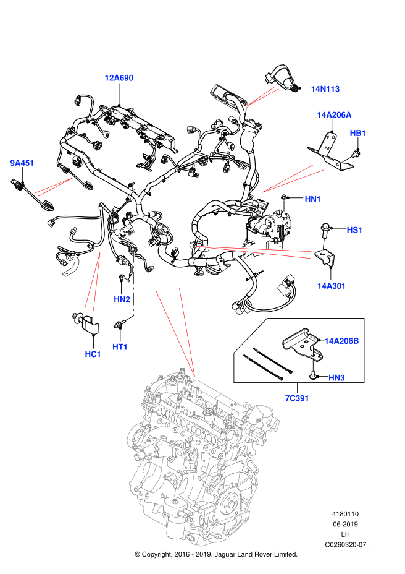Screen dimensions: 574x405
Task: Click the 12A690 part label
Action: point(119,78)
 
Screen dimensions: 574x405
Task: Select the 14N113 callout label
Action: point(325,89)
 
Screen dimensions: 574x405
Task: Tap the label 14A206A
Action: point(334,115)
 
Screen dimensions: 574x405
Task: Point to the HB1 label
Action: point(357,133)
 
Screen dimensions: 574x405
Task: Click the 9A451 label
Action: point(22,163)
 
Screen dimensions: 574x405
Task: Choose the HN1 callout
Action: point(312,199)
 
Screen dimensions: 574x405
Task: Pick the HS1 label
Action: point(354,230)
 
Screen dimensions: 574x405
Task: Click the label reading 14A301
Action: point(332,286)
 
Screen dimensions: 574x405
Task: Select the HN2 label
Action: point(122,299)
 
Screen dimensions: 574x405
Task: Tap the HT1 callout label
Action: point(120,347)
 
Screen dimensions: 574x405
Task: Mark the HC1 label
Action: point(93,354)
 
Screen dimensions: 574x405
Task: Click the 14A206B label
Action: point(341,341)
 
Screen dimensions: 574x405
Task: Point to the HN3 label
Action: point(336,378)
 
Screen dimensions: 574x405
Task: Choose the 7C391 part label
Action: point(296,398)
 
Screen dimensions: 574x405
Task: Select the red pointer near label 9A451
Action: point(54,186)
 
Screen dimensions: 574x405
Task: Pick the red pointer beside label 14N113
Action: point(261,98)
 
